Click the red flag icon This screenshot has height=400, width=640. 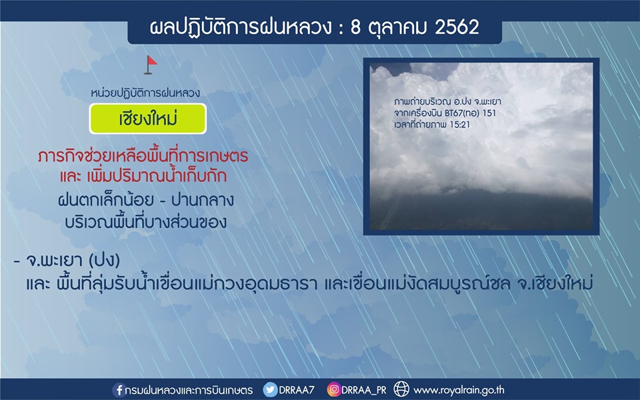click(150, 65)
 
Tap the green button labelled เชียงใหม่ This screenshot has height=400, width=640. click(148, 119)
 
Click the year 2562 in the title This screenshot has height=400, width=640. click(457, 27)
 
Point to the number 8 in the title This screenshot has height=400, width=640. click(355, 27)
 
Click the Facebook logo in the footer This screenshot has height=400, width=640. click(119, 389)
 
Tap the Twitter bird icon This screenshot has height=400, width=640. click(270, 389)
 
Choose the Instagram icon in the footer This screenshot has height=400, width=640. click(333, 389)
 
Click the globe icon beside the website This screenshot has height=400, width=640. click(401, 389)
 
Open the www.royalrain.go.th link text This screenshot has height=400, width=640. click(459, 390)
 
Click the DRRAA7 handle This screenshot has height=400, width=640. click(297, 390)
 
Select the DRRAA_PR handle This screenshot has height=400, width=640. click(364, 390)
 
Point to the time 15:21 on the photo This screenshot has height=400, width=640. click(459, 125)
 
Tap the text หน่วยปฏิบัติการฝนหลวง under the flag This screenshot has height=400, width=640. click(145, 93)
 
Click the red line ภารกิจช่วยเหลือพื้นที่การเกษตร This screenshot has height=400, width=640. click(143, 156)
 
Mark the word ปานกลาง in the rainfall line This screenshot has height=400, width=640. click(203, 200)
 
